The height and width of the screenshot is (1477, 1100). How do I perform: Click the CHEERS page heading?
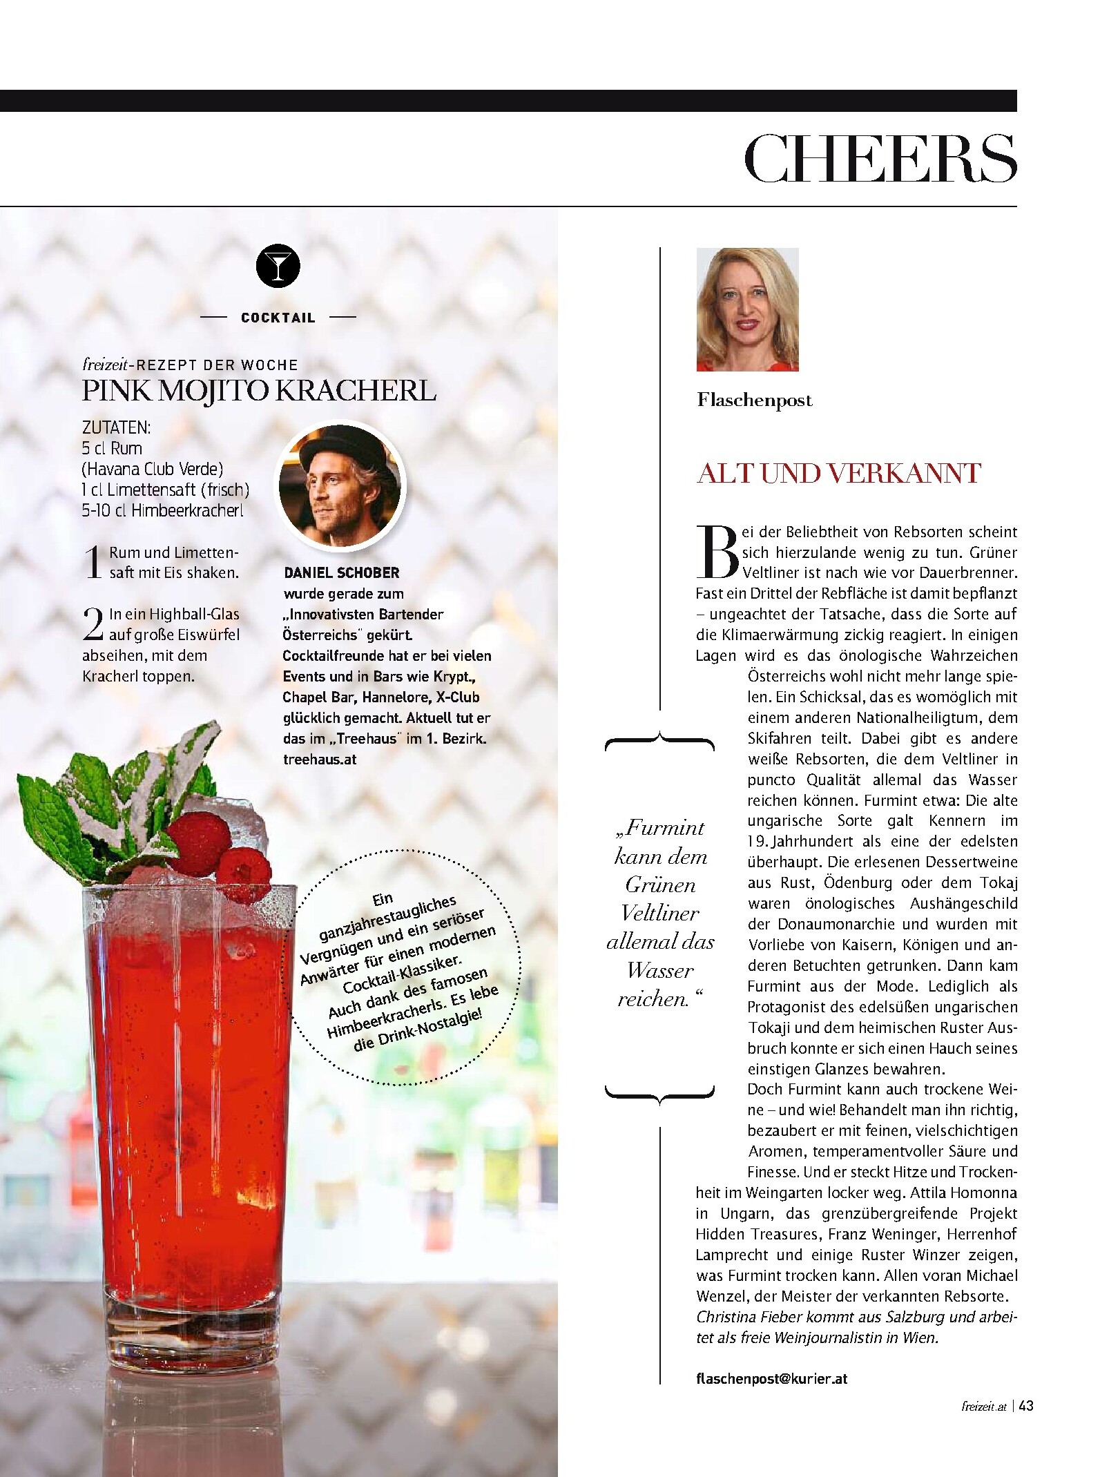point(880,159)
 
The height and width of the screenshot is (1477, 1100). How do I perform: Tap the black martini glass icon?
point(278,266)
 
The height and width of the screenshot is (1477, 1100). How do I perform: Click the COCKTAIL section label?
point(278,318)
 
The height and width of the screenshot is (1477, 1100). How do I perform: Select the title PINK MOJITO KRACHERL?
point(259,391)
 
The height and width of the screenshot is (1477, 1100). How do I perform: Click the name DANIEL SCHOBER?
point(342,572)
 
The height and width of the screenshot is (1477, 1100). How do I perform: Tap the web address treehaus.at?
point(320,759)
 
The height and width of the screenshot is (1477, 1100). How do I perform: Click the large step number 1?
point(93,562)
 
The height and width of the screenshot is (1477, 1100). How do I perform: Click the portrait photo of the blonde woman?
point(747,309)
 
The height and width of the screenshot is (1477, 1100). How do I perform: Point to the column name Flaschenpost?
point(755,400)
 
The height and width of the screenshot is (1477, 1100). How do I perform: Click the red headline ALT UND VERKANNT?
point(839,474)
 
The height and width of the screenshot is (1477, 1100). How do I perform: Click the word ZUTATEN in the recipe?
point(116,427)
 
